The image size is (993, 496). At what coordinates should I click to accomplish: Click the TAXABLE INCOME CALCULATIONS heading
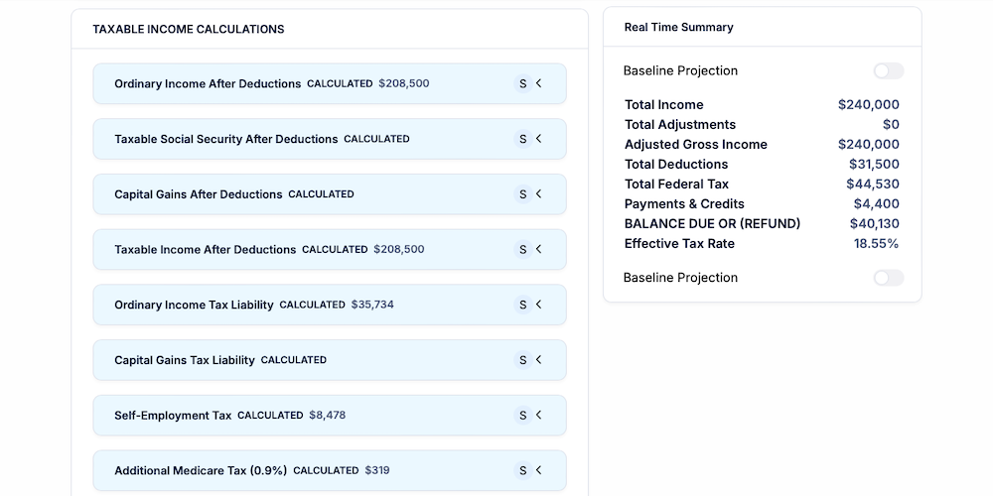coord(189,29)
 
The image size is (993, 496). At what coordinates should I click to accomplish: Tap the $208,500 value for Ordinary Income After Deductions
coord(404,83)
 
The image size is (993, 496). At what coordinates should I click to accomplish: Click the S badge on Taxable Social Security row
coord(522,139)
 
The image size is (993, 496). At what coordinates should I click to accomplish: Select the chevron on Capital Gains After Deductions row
coord(538,194)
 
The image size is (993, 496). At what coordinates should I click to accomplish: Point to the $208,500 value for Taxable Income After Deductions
coord(399,249)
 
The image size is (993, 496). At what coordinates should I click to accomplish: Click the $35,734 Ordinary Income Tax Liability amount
coord(372,305)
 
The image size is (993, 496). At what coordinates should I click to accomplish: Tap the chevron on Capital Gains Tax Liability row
coord(538,360)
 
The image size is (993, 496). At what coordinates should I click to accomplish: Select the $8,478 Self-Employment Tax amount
coord(328,415)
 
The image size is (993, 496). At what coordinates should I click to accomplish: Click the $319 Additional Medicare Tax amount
coord(377,470)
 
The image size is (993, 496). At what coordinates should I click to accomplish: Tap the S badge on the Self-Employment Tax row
coord(522,416)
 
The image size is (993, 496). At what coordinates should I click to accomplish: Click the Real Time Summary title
coord(679,27)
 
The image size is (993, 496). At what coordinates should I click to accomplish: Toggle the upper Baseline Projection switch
coord(888,70)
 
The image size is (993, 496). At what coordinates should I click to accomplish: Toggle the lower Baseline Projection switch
coord(888,278)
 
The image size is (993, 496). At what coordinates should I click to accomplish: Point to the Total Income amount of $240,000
coord(868,104)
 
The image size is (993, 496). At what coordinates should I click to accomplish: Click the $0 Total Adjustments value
coord(891,124)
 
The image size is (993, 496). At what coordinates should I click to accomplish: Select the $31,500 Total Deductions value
coord(874,164)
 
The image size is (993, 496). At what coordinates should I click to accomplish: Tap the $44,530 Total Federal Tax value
coord(873,184)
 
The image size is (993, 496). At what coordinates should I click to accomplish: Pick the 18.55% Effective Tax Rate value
coord(876,243)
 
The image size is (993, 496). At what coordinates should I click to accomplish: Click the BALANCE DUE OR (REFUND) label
coord(712,223)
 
